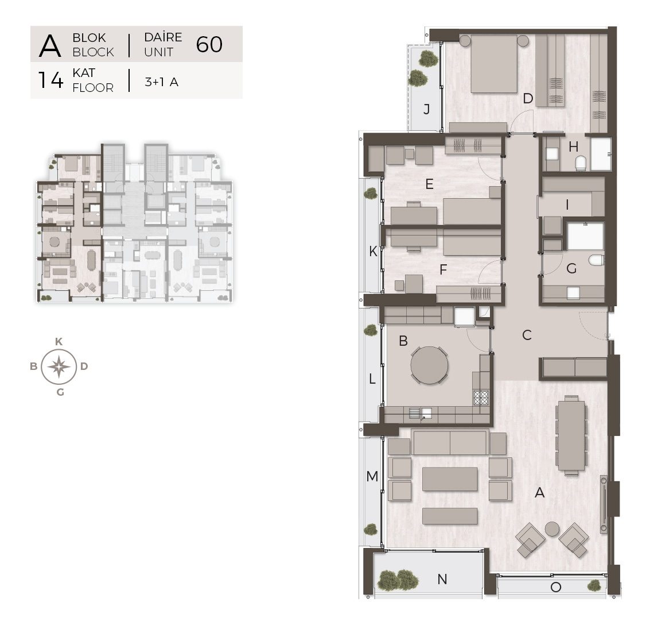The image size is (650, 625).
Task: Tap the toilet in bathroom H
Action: click(x=581, y=163)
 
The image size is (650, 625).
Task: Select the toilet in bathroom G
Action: click(x=596, y=260)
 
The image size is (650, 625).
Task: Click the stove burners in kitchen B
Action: click(x=481, y=397)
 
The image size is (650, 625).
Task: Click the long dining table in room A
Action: click(x=571, y=435)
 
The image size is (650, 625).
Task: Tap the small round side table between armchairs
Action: click(x=552, y=528)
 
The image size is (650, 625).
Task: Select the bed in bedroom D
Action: click(x=494, y=64)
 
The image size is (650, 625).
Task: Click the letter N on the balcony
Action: click(x=442, y=579)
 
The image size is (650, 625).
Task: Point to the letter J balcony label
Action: click(x=427, y=110)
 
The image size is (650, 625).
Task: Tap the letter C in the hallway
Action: click(x=527, y=335)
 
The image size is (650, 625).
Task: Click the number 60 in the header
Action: click(x=209, y=44)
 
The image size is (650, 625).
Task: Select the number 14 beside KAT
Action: click(x=50, y=80)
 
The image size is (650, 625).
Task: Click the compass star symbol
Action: click(x=59, y=367)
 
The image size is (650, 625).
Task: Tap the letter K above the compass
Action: click(x=59, y=342)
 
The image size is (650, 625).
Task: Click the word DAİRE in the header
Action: click(x=163, y=37)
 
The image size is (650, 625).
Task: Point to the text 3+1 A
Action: click(x=161, y=82)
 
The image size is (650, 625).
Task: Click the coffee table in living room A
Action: click(x=450, y=479)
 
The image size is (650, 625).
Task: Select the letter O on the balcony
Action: click(x=555, y=587)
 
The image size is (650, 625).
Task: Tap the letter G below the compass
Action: click(x=60, y=392)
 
